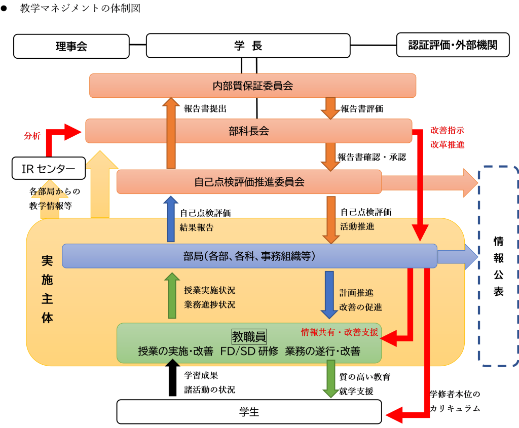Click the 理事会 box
tap(71, 46)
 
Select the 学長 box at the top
tap(248, 46)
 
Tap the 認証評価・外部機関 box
tap(453, 45)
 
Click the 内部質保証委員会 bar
tap(252, 86)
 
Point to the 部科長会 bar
tap(248, 131)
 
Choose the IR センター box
tap(49, 168)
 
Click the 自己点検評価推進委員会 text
tap(249, 182)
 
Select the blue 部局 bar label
tap(249, 256)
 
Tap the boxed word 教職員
tap(249, 337)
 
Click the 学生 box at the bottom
tap(249, 412)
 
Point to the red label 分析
tap(32, 136)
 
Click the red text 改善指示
tap(447, 130)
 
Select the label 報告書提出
tap(205, 108)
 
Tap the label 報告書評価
tap(362, 108)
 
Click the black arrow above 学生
tap(172, 377)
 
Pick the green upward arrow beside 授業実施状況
tap(172, 295)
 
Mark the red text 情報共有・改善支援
tap(340, 332)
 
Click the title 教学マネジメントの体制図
tap(80, 8)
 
